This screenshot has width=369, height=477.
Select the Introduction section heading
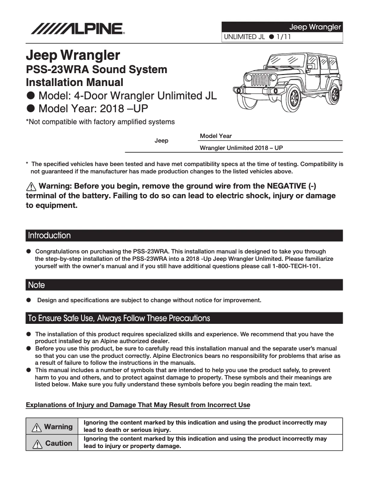tap(50, 236)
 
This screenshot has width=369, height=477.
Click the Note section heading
tap(37, 285)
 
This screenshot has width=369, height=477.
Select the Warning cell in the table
tap(53, 426)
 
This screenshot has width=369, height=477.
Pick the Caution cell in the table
tap(53, 443)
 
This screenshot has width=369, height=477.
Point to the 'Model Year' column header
tap(216, 136)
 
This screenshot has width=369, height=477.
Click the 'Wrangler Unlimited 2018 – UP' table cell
tap(241, 148)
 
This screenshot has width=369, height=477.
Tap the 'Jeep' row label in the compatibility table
tap(161, 140)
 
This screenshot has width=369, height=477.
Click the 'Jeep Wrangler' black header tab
tap(315, 27)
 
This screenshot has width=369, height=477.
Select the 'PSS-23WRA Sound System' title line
tap(97, 70)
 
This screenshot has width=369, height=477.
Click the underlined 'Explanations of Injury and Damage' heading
tap(138, 405)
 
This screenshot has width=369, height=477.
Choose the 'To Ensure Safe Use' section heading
tap(119, 318)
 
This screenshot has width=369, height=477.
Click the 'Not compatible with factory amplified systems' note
tap(100, 122)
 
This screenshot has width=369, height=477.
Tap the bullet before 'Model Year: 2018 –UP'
tap(31, 109)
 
